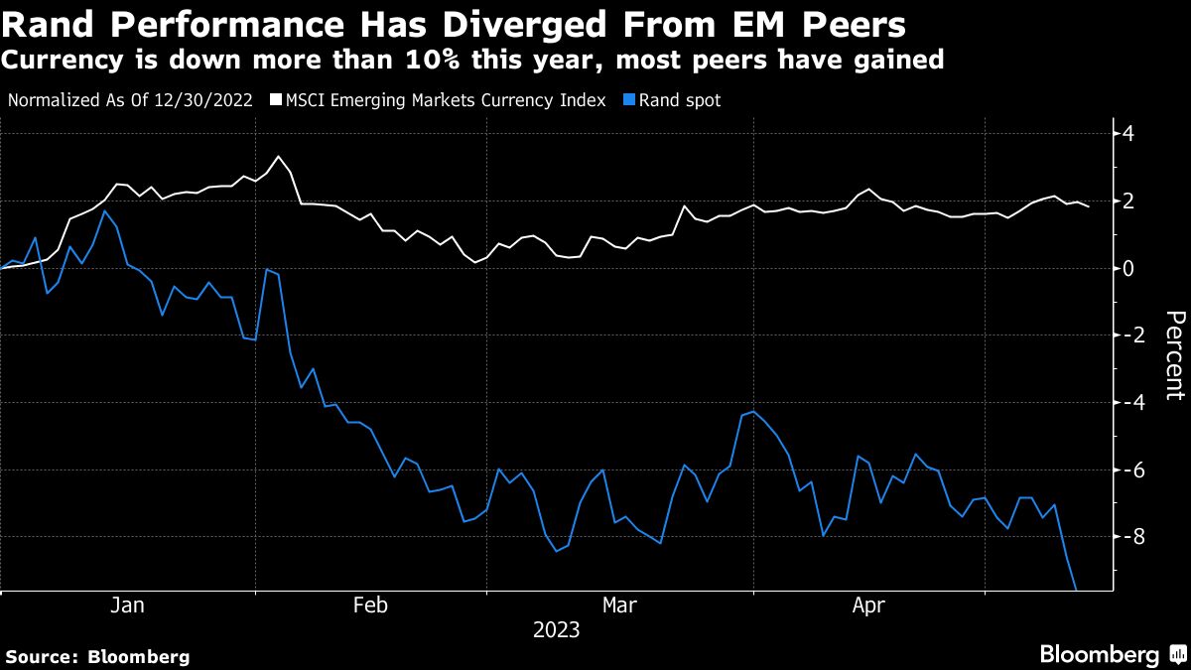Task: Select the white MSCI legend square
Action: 276,100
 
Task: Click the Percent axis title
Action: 1175,354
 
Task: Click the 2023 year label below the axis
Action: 556,630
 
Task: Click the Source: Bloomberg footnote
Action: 97,656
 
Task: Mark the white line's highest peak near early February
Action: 279,157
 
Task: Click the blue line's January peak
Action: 105,211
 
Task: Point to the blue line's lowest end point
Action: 1076,590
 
